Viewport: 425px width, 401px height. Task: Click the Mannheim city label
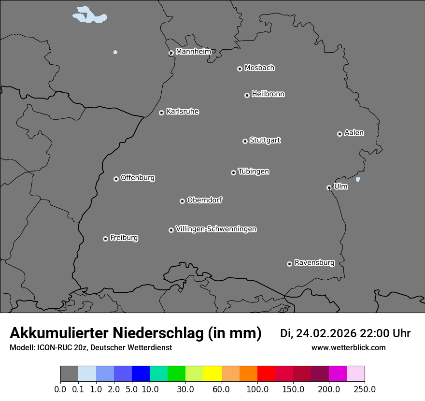193,51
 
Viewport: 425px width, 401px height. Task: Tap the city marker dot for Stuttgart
245,141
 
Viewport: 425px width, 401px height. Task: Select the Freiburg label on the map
124,238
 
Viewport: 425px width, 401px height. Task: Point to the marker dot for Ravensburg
289,264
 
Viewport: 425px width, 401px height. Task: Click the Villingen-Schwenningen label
216,229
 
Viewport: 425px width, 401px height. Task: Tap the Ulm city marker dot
329,187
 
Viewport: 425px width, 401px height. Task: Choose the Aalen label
354,133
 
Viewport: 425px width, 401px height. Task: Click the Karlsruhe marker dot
161,113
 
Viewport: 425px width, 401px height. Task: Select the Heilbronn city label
268,94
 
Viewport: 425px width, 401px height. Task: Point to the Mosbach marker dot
240,69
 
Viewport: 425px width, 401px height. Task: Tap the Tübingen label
254,172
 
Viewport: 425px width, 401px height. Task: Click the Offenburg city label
138,178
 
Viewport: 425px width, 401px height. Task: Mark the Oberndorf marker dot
182,201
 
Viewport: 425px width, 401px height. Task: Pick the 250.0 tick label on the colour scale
365,389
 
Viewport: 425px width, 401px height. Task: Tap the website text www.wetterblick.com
349,347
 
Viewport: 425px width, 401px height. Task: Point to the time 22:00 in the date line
377,333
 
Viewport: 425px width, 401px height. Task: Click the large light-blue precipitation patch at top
89,15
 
